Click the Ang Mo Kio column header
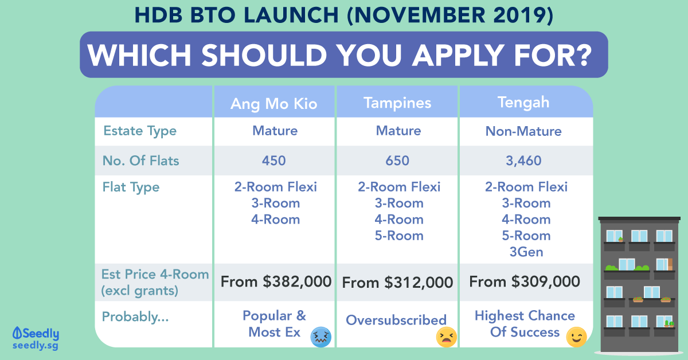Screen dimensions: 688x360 tap(273, 104)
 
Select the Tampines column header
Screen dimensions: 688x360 tap(397, 103)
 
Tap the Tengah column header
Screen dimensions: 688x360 tap(523, 103)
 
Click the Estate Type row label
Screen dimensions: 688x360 tap(140, 131)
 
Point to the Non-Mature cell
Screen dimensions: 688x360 tap(523, 131)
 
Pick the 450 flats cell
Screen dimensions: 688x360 tap(273, 161)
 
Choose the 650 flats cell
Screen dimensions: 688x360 tap(397, 161)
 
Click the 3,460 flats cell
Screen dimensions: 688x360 tap(523, 161)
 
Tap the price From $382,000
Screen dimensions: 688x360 tap(276, 281)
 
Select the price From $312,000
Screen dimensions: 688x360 tap(397, 283)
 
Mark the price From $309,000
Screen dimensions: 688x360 tap(525, 281)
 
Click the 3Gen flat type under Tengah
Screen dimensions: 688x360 tap(526, 252)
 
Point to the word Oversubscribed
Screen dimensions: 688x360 tap(396, 320)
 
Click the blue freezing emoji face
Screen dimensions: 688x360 tap(321, 337)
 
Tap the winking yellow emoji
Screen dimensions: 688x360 tap(577, 337)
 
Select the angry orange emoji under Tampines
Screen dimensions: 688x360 tap(446, 337)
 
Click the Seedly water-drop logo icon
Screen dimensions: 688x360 tap(17, 333)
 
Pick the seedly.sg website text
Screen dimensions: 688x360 tap(36, 346)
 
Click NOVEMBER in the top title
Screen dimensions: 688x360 tap(420, 15)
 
